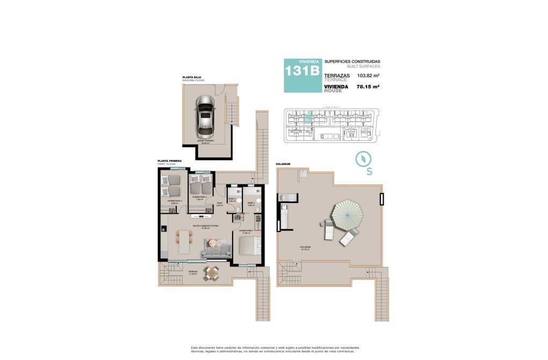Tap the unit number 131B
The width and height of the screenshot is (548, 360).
pyautogui.click(x=302, y=70)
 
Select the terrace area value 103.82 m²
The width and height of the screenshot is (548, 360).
pyautogui.click(x=368, y=76)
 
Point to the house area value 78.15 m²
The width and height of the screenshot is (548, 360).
pyautogui.click(x=368, y=87)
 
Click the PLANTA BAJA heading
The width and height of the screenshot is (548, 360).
pyautogui.click(x=192, y=78)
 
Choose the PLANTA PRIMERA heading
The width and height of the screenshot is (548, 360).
pyautogui.click(x=169, y=161)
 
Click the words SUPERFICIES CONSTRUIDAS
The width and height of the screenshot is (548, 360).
pyautogui.click(x=352, y=62)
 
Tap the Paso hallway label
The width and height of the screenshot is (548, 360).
pyautogui.click(x=219, y=204)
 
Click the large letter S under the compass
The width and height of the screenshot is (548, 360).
pyautogui.click(x=369, y=172)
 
